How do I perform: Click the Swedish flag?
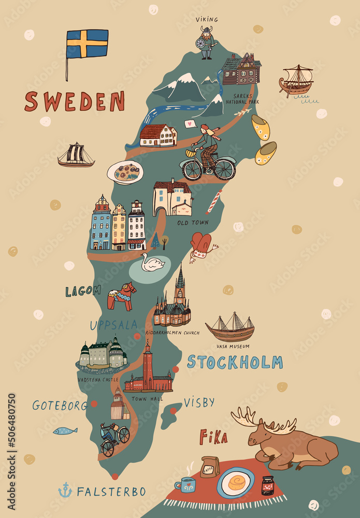click(x=87, y=44)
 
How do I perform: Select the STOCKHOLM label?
click(x=235, y=362)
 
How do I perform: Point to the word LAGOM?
click(x=83, y=291)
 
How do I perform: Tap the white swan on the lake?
click(x=153, y=264)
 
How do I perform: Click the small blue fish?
click(x=65, y=430)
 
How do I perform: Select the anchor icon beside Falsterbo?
click(x=65, y=490)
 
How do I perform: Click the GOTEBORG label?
click(x=60, y=405)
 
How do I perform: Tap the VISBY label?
click(x=199, y=402)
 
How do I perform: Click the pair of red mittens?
click(x=201, y=244)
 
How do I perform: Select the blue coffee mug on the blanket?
click(x=186, y=485)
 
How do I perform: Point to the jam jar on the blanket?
click(x=267, y=485)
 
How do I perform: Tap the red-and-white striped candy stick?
click(x=214, y=202)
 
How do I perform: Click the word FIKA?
click(x=213, y=438)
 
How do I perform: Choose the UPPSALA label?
click(x=114, y=325)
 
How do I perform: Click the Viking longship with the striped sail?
click(x=76, y=155)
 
